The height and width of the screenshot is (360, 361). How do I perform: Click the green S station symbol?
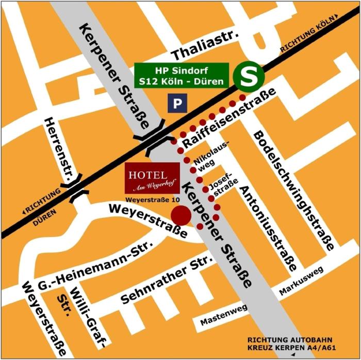tap(249, 75)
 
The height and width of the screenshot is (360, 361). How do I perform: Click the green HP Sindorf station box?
tap(181, 75)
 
